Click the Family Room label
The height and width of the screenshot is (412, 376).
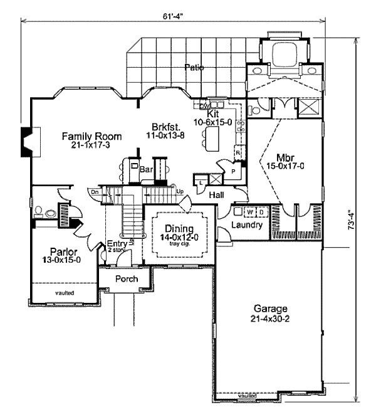(x=91, y=136)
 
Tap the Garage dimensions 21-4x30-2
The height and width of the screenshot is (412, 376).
(x=271, y=319)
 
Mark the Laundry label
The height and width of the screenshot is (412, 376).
(x=246, y=224)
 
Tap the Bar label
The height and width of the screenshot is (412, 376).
(x=147, y=169)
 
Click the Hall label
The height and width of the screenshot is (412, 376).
(x=217, y=194)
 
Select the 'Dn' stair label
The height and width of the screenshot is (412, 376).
(x=94, y=191)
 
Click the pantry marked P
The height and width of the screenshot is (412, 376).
(x=232, y=171)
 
